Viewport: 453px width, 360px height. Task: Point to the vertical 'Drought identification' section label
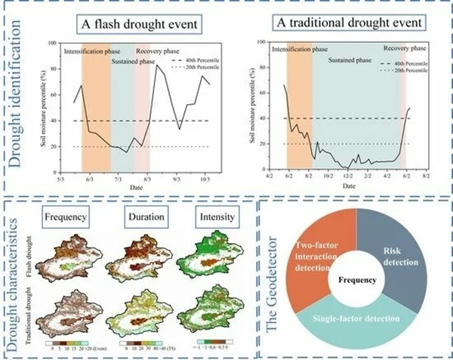coord(17,98)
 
